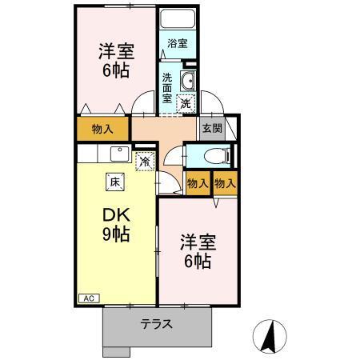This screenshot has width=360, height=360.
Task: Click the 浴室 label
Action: (178, 44)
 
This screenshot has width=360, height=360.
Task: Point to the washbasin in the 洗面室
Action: (190, 81)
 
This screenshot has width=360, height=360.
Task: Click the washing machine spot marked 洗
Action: (186, 102)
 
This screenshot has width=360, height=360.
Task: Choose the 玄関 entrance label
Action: (211, 128)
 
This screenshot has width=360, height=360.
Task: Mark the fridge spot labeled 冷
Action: (144, 161)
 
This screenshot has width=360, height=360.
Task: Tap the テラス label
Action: (157, 325)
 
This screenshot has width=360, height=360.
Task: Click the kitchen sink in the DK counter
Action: (119, 152)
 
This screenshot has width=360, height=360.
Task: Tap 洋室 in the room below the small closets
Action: (197, 240)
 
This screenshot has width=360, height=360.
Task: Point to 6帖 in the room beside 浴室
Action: (116, 71)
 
